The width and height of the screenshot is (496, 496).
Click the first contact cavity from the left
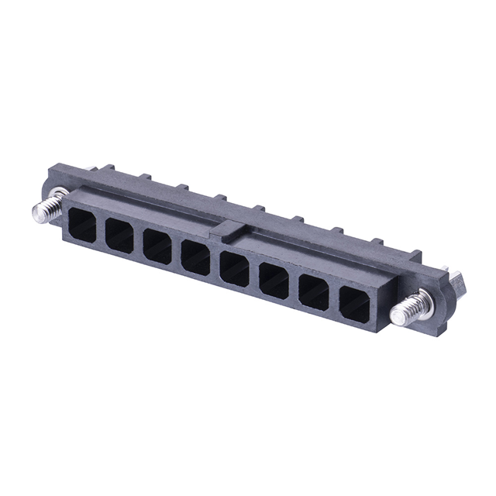click(x=81, y=222)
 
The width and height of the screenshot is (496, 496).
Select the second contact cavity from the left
click(x=119, y=235)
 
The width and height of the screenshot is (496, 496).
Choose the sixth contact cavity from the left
click(x=274, y=281)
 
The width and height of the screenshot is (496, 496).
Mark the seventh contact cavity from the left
click(x=314, y=291)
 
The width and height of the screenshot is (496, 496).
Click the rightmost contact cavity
click(x=354, y=302)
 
